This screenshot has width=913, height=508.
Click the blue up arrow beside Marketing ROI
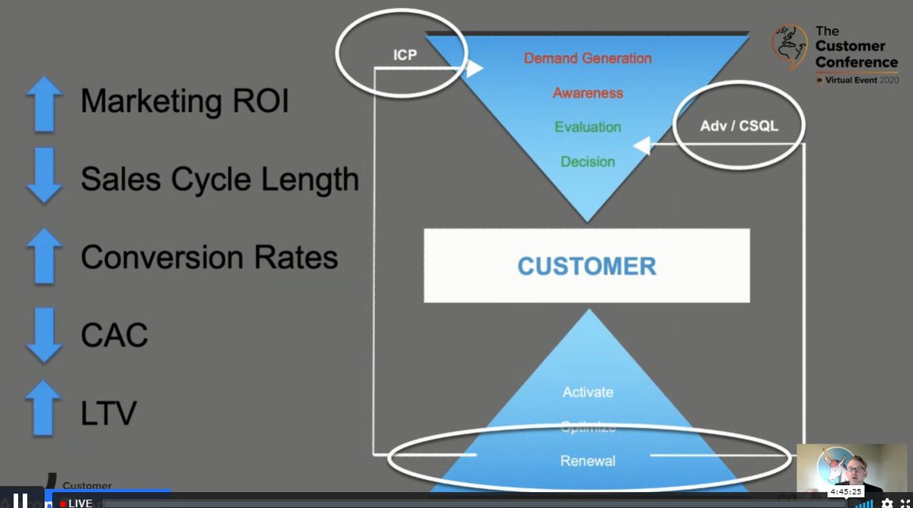pos(44,102)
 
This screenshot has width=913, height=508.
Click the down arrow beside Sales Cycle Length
pos(44,176)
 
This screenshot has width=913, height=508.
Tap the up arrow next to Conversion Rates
pos(44,256)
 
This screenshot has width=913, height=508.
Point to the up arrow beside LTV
pos(44,408)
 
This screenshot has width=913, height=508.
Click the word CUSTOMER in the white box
pos(587,267)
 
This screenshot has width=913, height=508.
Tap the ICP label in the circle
pos(405,56)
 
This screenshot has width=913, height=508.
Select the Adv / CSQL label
pos(739,126)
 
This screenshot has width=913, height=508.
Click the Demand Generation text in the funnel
pos(587,58)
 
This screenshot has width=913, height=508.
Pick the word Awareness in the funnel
pos(587,93)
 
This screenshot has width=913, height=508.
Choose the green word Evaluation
pos(587,127)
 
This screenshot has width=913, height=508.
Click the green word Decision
pos(587,161)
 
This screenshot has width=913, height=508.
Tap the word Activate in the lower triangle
pos(587,392)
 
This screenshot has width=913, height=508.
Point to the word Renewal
pos(587,461)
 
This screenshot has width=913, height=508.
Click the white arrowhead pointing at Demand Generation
pos(476,69)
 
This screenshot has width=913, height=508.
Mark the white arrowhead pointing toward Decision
pos(641,145)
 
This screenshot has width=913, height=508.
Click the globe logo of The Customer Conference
pos(790,46)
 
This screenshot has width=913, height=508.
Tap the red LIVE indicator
pos(76,503)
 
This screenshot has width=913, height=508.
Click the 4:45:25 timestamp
pos(845,492)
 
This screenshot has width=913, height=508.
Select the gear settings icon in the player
pos(886,503)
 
